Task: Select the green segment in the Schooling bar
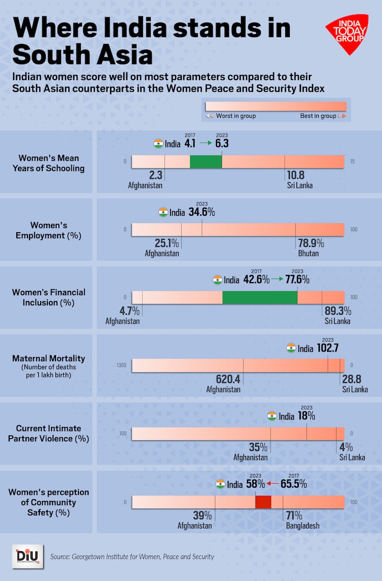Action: point(206,162)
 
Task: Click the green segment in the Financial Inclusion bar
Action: point(260,297)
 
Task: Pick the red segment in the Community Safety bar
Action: point(263,502)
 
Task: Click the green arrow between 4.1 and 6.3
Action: point(205,143)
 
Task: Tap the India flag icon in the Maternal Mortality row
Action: point(291,348)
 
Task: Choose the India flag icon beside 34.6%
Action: point(163,212)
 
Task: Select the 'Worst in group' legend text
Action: point(236,116)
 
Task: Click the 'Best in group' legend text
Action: point(318,116)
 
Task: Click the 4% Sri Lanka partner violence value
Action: point(346,447)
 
